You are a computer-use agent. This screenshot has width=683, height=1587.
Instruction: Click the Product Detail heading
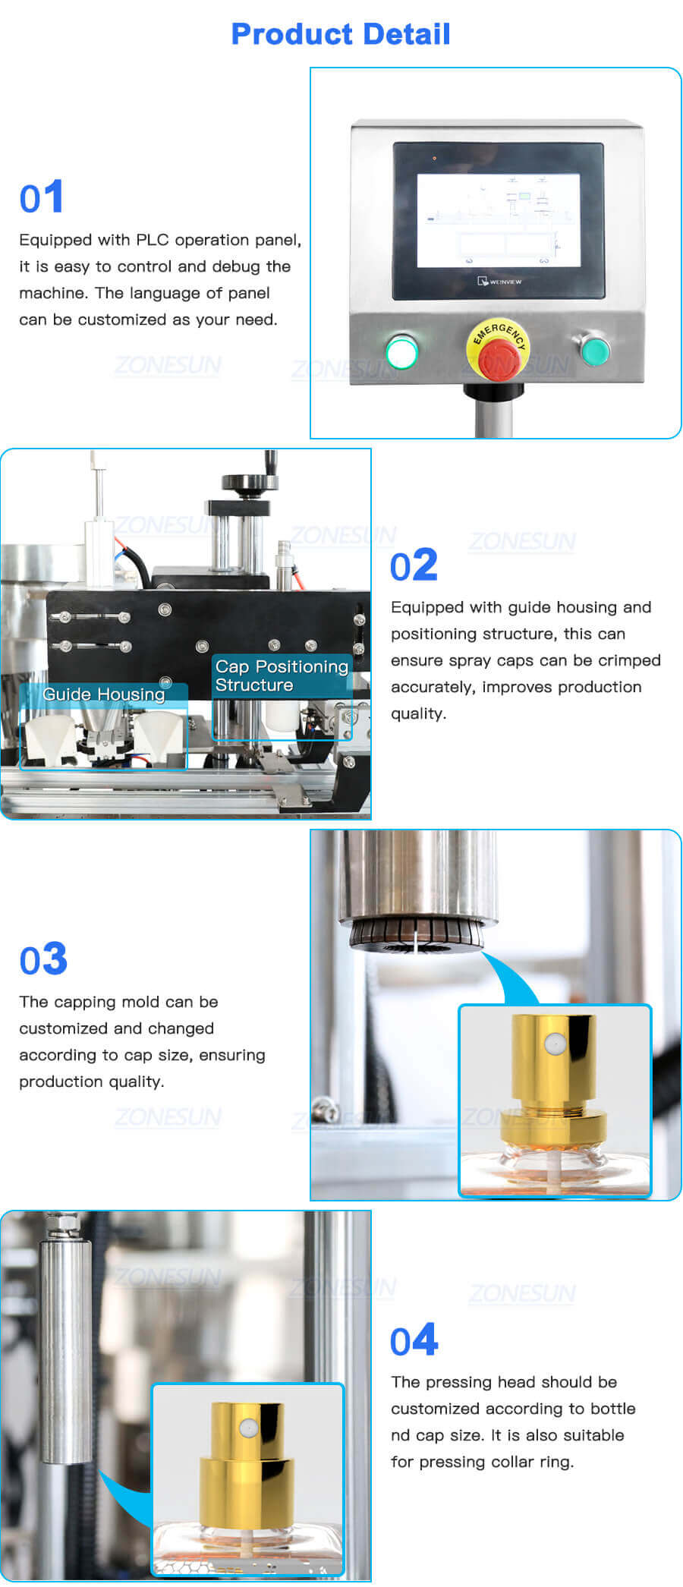[341, 34]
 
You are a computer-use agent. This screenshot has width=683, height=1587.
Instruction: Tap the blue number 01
[42, 198]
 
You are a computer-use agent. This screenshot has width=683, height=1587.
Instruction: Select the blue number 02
[414, 565]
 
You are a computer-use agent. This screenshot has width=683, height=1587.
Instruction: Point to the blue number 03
[43, 960]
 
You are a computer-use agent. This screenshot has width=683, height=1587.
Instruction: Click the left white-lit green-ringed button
[401, 353]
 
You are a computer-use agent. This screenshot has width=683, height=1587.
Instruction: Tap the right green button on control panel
[595, 350]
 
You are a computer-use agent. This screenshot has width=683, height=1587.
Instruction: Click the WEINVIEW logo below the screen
[499, 282]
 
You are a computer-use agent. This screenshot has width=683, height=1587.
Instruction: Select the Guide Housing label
[104, 694]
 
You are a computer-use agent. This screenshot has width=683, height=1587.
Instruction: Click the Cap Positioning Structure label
[281, 675]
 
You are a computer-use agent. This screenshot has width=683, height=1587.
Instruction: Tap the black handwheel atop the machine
[247, 482]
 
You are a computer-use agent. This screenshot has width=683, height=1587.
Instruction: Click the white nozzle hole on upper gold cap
[555, 1045]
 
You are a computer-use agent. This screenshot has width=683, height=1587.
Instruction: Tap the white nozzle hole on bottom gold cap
[247, 1428]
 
